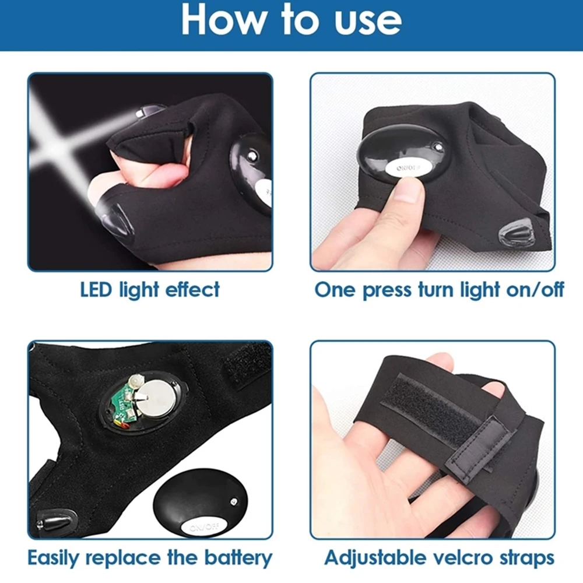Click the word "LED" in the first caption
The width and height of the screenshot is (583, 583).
pos(97,289)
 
